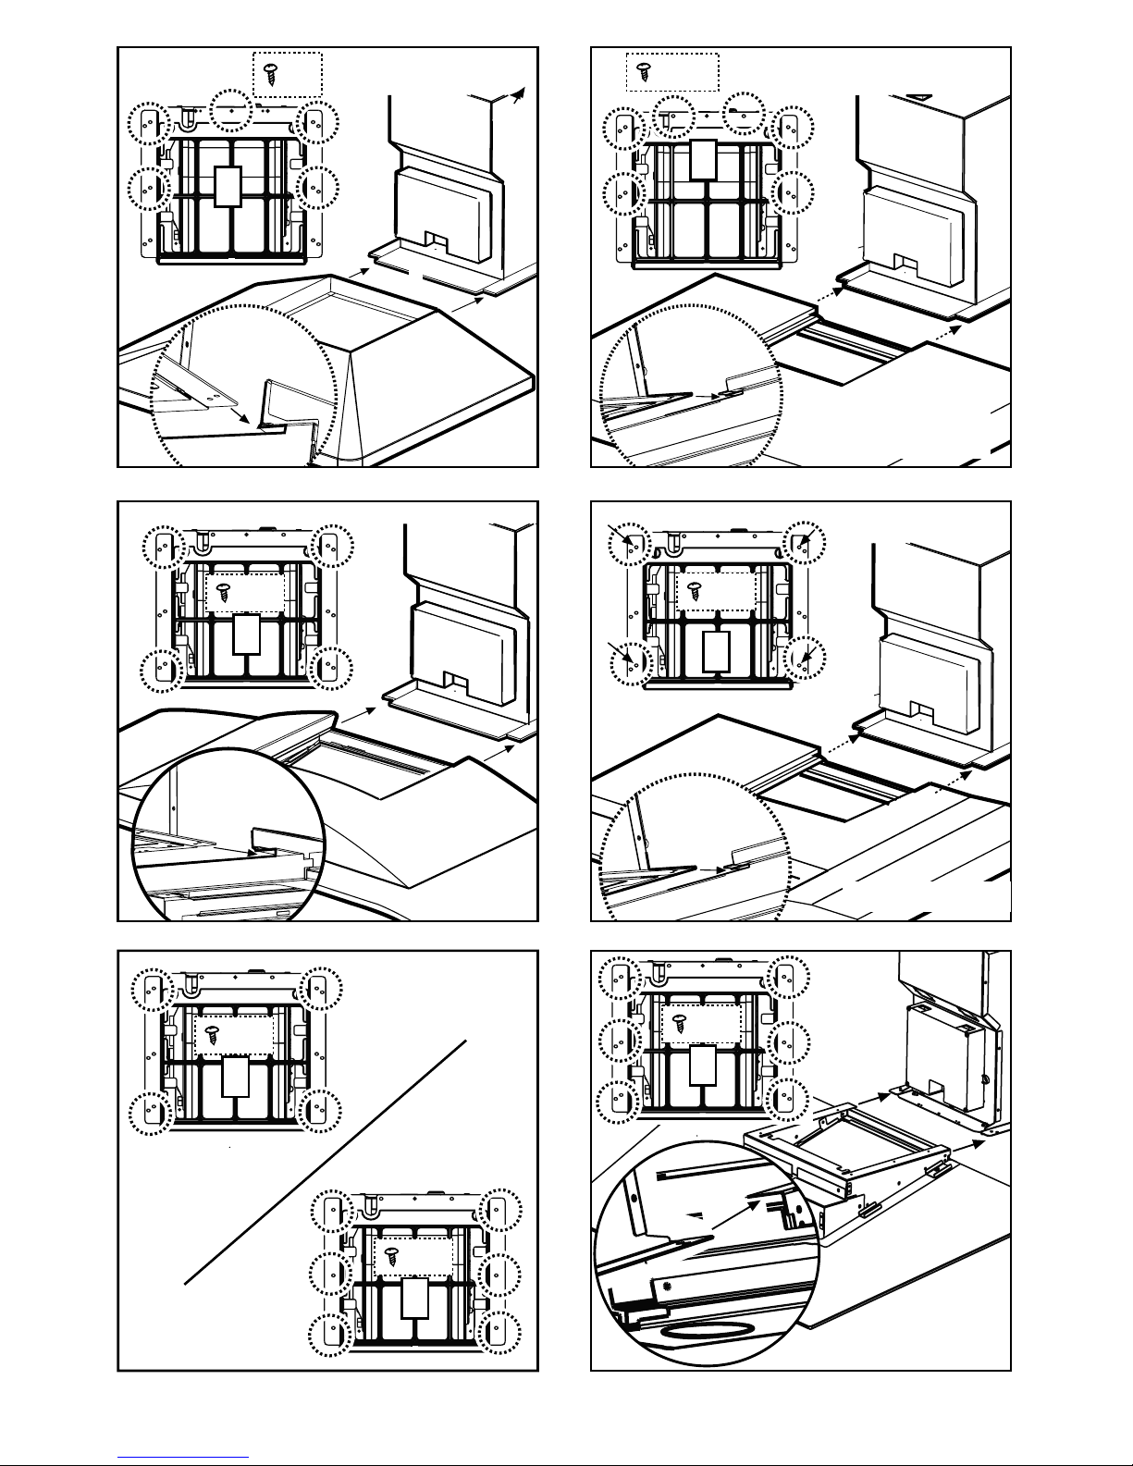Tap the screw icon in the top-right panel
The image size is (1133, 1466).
pos(646,68)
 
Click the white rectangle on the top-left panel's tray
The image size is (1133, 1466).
pos(228,186)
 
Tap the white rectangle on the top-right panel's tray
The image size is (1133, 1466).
pos(704,159)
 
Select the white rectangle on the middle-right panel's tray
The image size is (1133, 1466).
pos(718,650)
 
